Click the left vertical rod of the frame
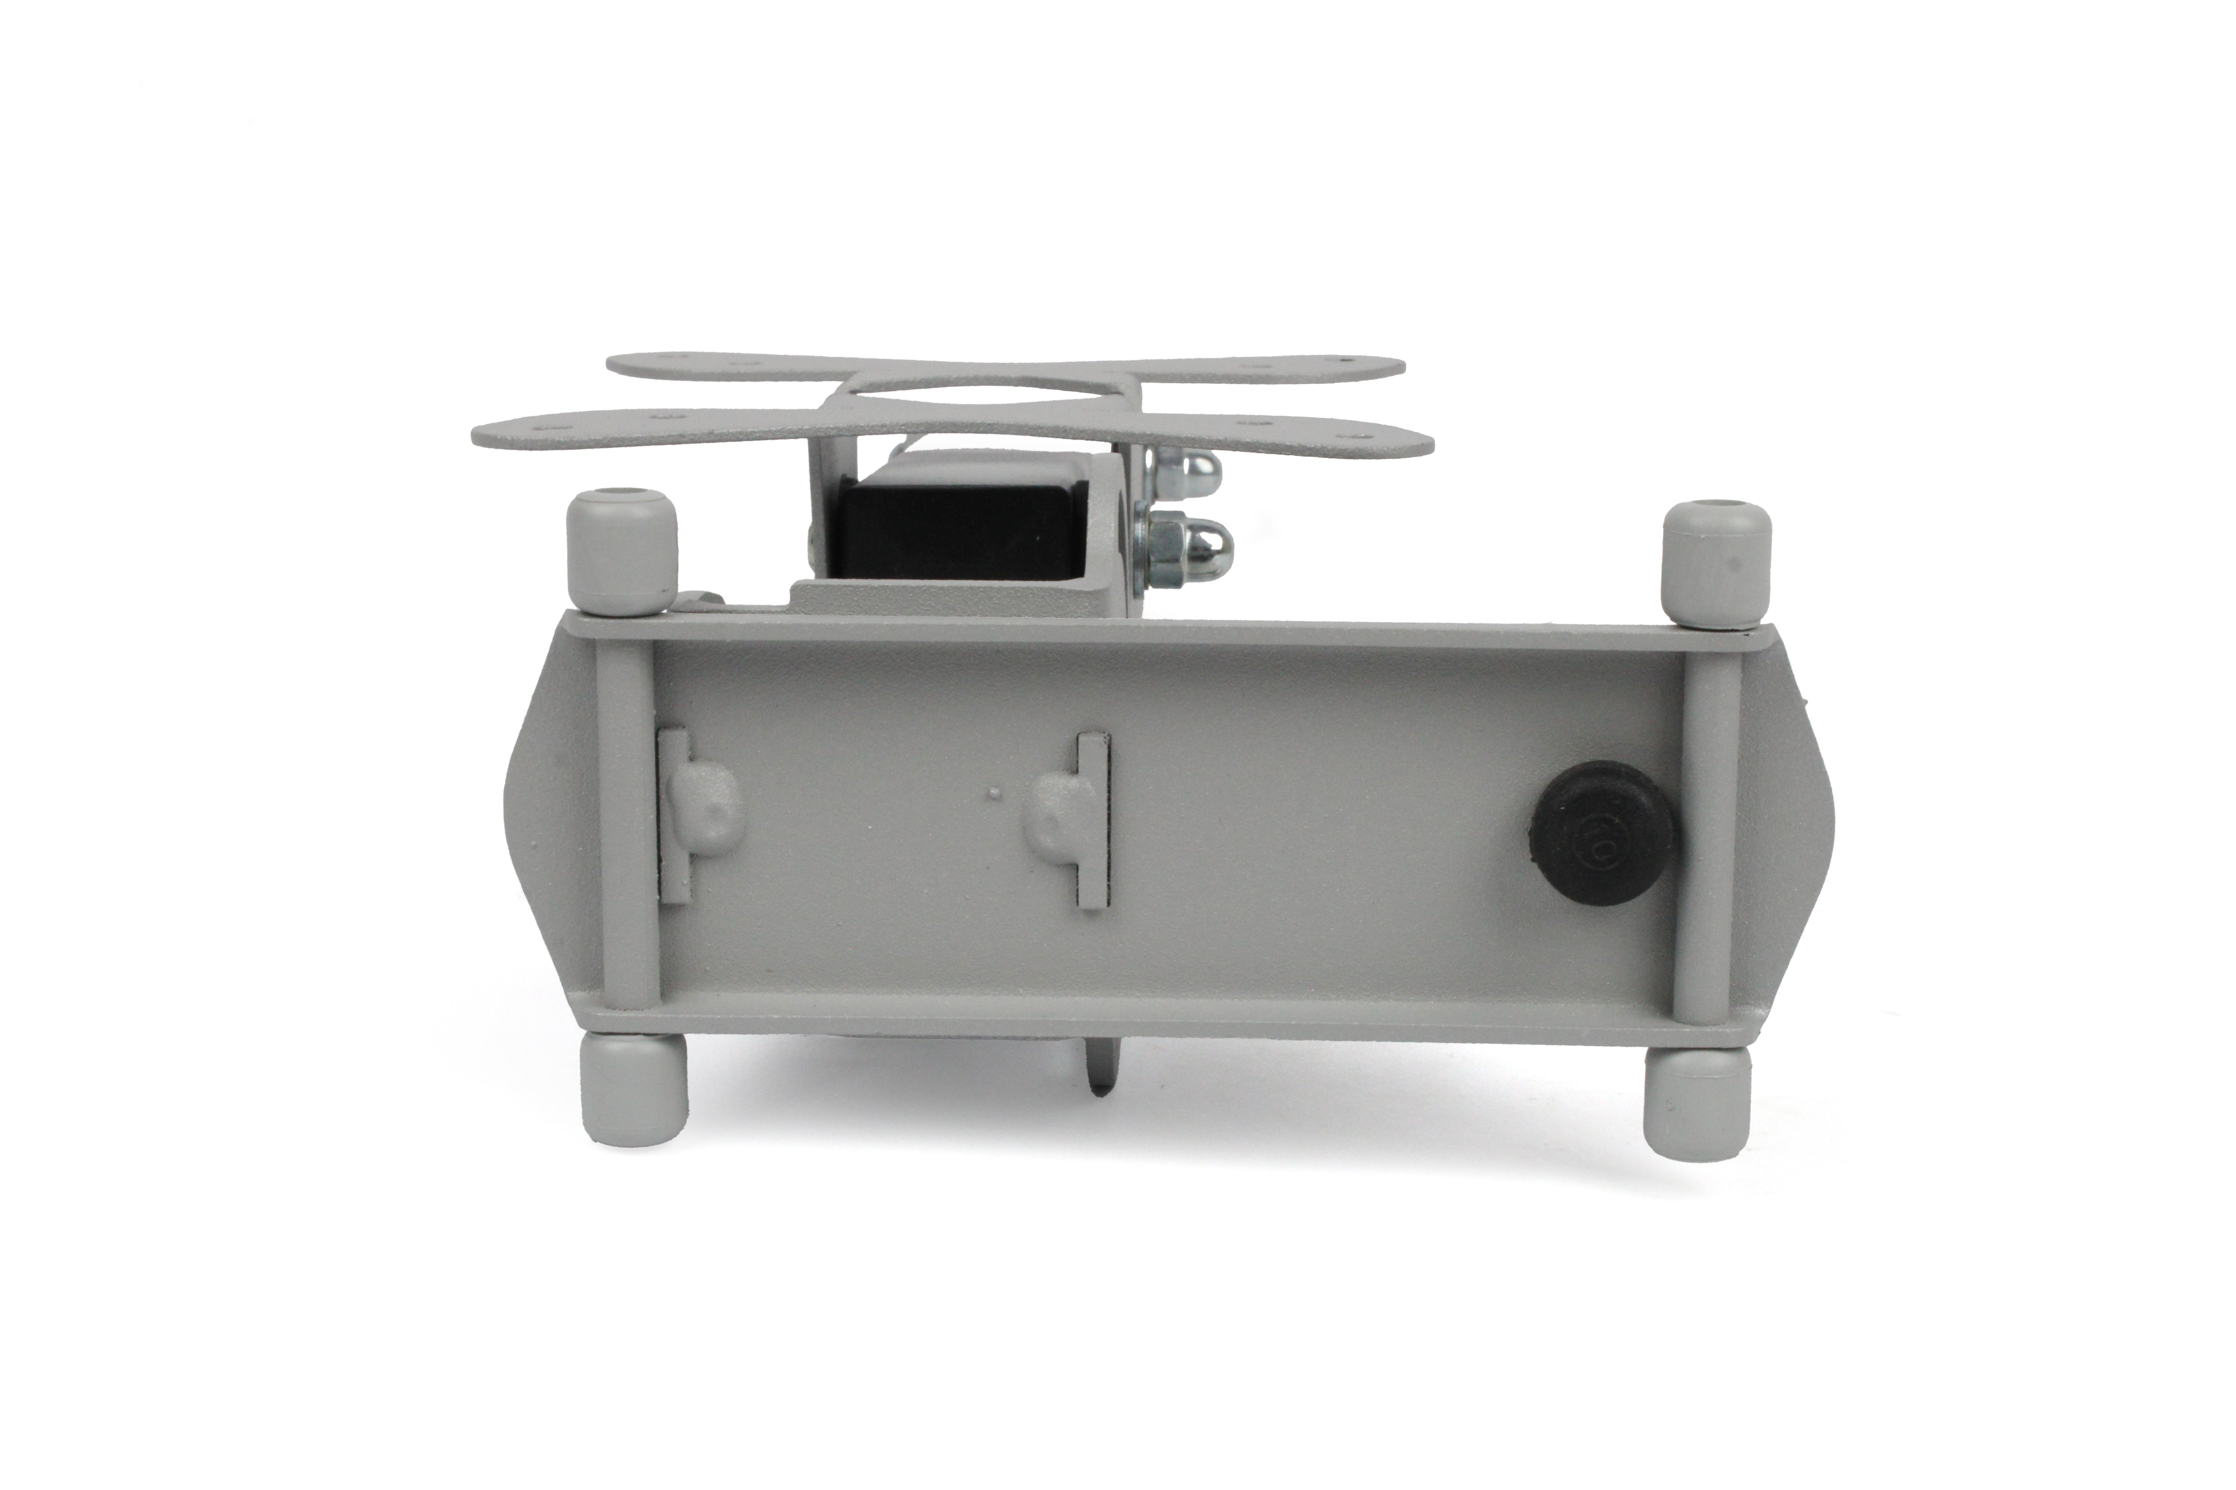[x=624, y=817]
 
